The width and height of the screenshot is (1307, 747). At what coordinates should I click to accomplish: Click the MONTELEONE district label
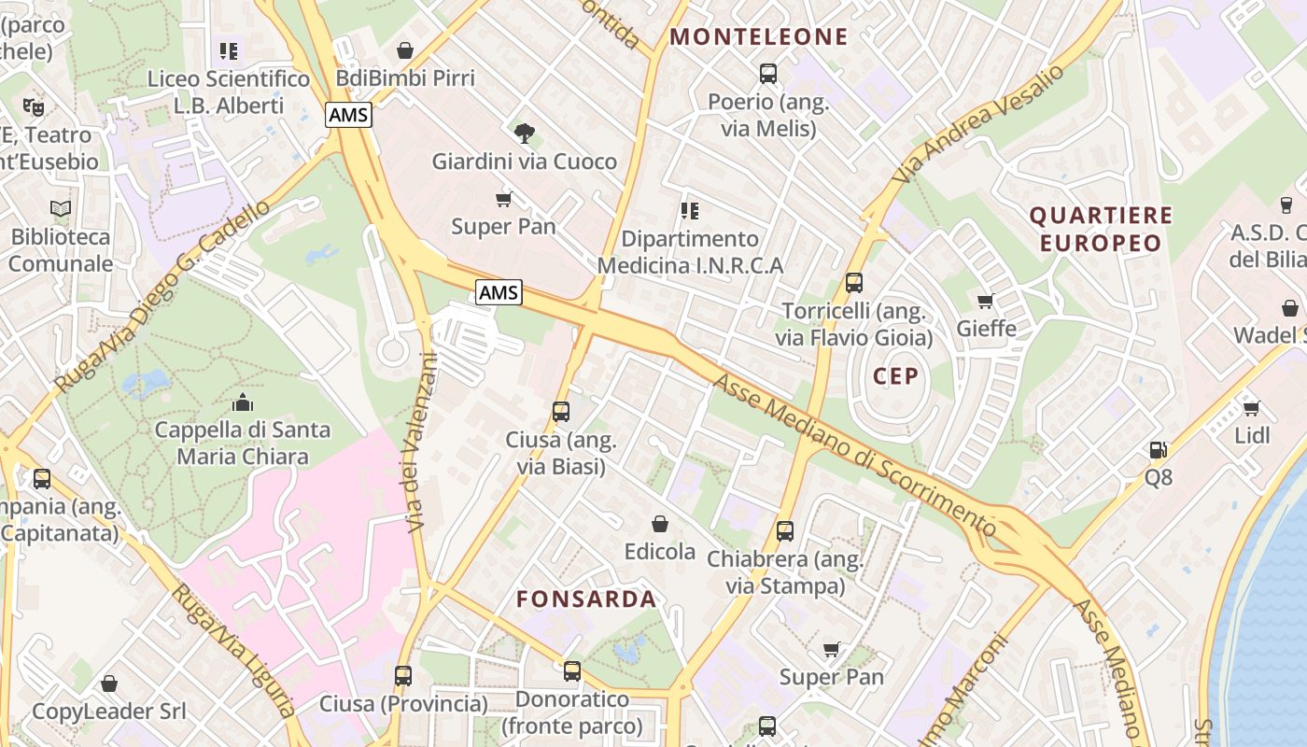pos(759,37)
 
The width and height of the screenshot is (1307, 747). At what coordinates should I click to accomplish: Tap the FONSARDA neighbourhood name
pos(586,599)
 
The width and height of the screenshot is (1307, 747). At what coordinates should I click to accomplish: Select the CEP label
pos(896,376)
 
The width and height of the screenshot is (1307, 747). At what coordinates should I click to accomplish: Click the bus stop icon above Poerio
pos(768,73)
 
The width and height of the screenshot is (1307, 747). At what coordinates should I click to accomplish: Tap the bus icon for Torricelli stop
pos(853,283)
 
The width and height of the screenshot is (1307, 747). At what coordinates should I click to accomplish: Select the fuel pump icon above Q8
pos(1158,450)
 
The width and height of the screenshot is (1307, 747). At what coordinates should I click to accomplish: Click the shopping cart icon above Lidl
pos(1252,408)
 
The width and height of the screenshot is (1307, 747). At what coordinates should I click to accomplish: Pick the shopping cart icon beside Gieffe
pos(985,301)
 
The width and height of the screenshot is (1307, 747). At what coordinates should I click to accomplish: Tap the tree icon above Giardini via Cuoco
pos(525,134)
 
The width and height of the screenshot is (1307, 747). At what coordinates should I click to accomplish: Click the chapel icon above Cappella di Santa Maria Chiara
pos(243,402)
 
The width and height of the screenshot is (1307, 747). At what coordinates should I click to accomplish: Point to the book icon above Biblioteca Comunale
pos(61,209)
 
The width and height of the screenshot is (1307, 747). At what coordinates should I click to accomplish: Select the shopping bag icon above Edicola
pos(660,524)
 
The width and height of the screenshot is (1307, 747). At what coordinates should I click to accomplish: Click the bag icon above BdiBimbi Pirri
pos(405,50)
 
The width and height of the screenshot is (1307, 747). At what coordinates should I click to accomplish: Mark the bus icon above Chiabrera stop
pos(785,531)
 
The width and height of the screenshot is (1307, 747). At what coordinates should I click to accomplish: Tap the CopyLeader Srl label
pos(109,712)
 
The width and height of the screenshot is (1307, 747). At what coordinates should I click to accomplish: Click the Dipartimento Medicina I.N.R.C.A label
pos(690,252)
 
